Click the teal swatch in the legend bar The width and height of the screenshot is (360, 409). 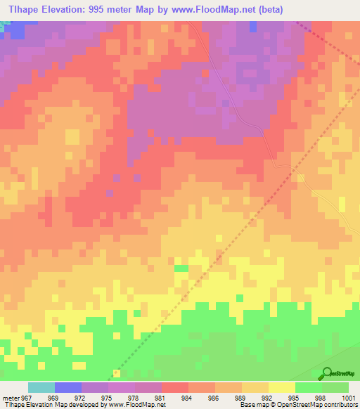[x=41, y=387]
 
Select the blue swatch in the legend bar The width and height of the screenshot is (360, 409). [x=67, y=387]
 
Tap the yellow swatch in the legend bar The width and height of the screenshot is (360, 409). [x=282, y=387]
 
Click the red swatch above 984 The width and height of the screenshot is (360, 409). [x=174, y=387]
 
